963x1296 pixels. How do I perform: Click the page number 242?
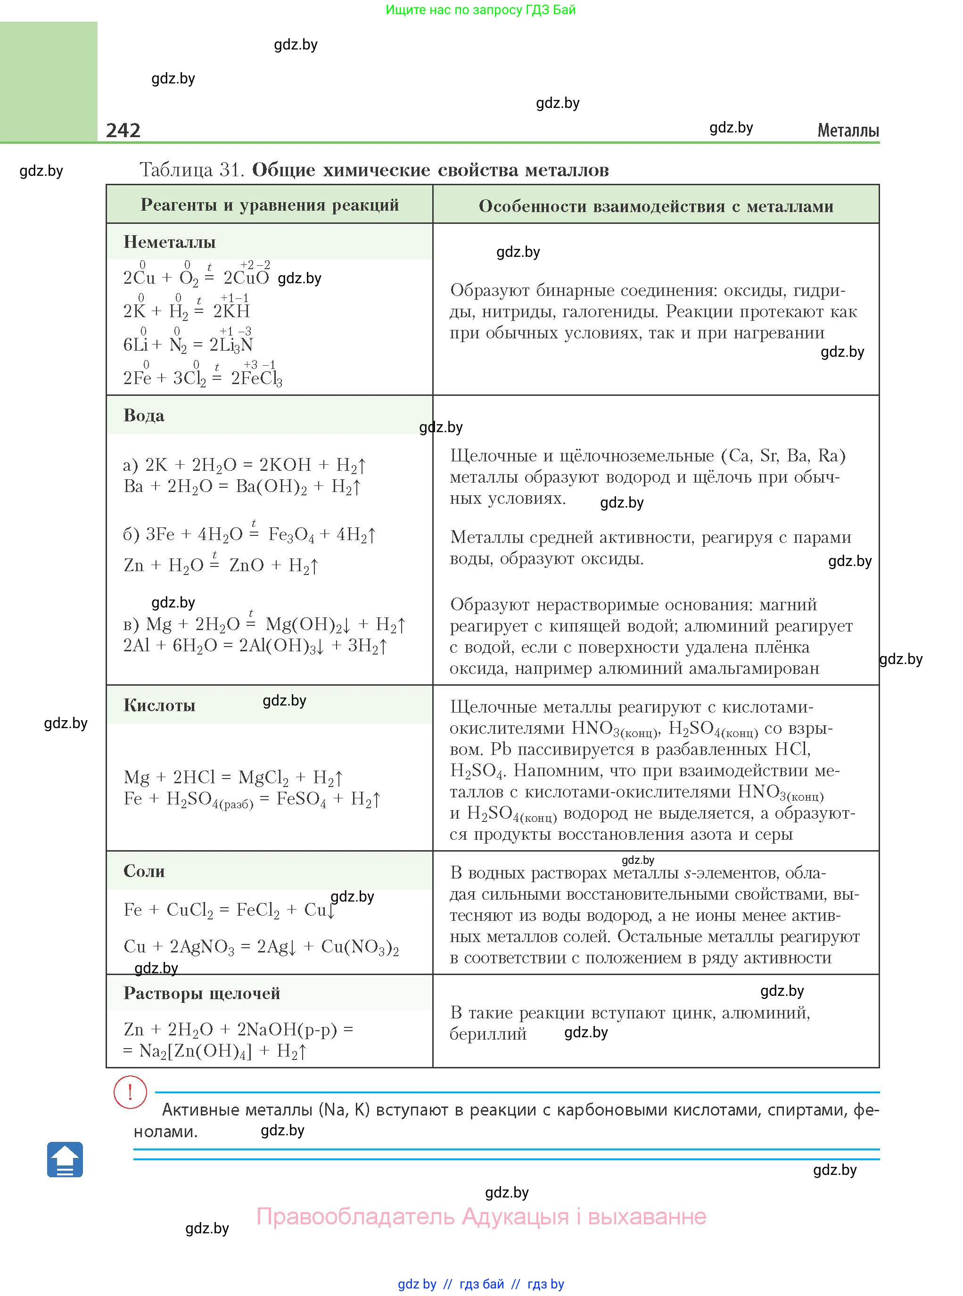point(123,130)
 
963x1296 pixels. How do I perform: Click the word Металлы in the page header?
point(848,131)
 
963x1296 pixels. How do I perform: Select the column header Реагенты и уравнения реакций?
point(269,205)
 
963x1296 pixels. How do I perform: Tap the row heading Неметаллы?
point(170,242)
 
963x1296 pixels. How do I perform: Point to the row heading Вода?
point(144,416)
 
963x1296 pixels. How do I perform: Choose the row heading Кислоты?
point(159,705)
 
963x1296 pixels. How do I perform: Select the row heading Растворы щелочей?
point(202,993)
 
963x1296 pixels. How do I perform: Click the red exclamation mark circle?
point(130,1091)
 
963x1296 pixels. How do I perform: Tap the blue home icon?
point(65,1160)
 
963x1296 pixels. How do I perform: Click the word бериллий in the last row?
point(488,1034)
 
